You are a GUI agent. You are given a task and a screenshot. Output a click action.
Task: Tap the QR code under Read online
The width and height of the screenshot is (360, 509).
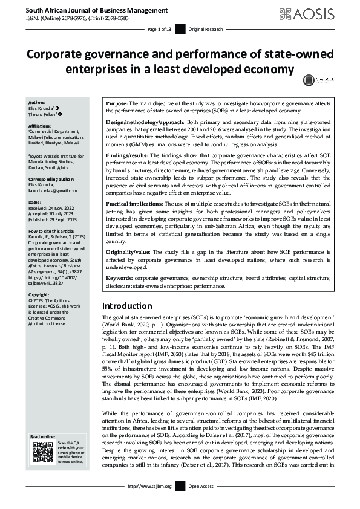[x=42, y=452]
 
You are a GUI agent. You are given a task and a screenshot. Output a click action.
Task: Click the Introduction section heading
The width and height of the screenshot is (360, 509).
[x=127, y=306]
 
